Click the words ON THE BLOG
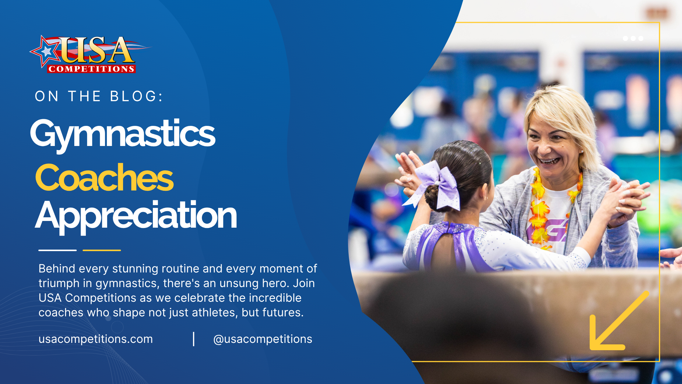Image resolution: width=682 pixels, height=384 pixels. tap(99, 96)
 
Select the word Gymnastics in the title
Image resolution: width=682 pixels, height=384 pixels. tap(123, 135)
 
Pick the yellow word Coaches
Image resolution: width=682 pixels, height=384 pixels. tap(104, 177)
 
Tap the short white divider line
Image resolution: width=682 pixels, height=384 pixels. tap(58, 250)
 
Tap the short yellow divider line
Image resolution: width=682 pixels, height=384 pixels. tap(102, 250)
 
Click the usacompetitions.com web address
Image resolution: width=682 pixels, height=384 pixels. tap(96, 339)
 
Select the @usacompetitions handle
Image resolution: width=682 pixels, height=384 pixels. tap(263, 339)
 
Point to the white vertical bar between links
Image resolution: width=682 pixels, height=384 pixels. tap(194, 339)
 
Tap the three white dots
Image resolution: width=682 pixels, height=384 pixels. tap(633, 38)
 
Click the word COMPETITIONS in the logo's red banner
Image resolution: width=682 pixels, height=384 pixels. tap(91, 69)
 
